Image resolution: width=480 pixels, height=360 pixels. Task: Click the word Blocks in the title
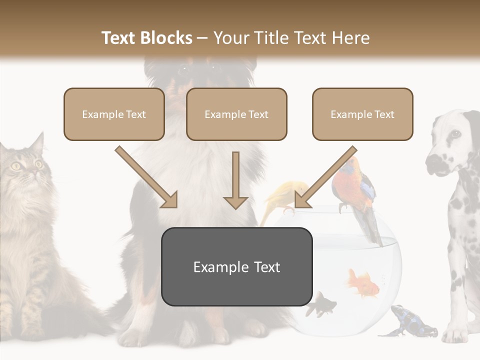(166, 38)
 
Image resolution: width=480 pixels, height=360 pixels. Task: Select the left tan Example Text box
(114, 114)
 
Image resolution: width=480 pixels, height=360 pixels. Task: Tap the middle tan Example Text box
(236, 114)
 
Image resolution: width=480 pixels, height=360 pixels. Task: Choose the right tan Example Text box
(362, 114)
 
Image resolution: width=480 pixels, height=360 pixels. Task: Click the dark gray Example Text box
(237, 267)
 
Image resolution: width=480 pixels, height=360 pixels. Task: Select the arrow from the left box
(147, 178)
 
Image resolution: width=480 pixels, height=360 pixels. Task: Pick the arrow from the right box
(325, 178)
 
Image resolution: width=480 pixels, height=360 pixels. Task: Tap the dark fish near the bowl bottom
(320, 304)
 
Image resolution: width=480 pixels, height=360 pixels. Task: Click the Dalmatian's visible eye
(454, 134)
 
